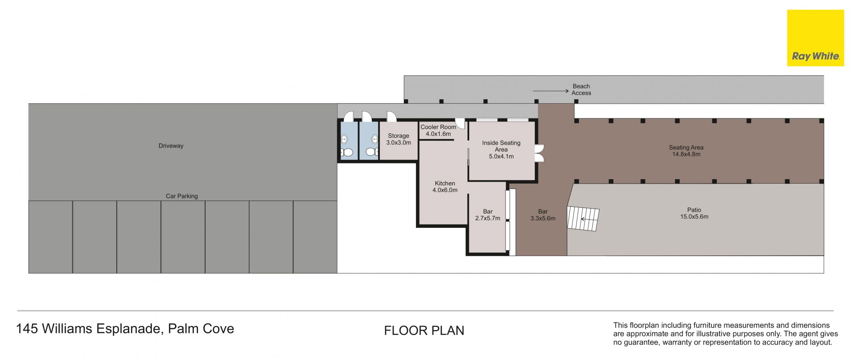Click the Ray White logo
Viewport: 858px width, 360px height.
coord(816,38)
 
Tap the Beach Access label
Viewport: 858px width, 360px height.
coord(581,89)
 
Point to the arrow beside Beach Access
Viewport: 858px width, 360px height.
coord(551,91)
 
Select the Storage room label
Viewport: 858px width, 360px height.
coord(399,139)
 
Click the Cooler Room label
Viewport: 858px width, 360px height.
coord(438,130)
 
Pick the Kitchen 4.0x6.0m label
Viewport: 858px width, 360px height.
coord(445,187)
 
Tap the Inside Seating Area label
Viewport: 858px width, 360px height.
coord(501,150)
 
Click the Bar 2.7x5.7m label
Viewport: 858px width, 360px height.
coord(488,215)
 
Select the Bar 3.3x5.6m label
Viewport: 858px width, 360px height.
coord(543,215)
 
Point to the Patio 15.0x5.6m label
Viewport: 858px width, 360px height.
coord(694,213)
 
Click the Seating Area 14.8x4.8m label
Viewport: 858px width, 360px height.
coord(686,151)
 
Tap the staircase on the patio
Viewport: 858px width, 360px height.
coord(583,218)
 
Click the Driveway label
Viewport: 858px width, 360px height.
coord(171,146)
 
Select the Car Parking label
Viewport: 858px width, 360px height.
coord(182,196)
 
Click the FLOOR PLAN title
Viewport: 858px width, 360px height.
coord(424,331)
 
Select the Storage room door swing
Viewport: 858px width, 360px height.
coord(391,117)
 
